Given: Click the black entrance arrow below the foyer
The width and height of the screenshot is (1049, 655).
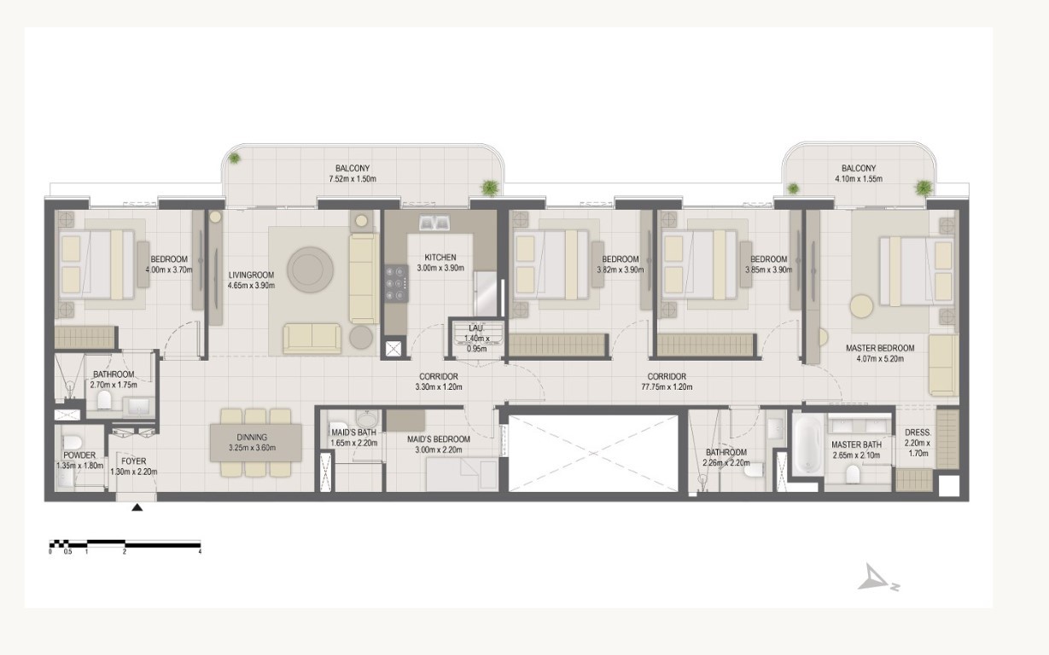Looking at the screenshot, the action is coord(137,507).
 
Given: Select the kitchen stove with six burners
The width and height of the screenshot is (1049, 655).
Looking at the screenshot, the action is coord(397,284).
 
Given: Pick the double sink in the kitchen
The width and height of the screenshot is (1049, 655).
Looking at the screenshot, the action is coord(434,223).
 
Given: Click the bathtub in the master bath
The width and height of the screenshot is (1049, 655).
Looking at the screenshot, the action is coord(808,445).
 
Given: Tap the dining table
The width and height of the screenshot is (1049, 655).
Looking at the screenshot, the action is coord(256,443).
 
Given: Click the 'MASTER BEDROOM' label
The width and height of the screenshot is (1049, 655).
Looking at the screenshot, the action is coord(880,348).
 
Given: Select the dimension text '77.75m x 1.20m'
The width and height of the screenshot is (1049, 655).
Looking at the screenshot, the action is coord(667,387).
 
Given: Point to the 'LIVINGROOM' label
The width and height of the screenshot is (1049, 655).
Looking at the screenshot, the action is coord(252,275).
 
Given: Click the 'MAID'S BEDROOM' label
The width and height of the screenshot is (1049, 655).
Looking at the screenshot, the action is coord(439,439).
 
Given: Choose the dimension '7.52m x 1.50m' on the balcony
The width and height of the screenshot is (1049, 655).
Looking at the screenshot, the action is coord(353,179).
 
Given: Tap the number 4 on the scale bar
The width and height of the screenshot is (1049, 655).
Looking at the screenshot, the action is coord(200,552).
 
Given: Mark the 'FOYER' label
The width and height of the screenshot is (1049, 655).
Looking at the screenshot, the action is coord(133,461).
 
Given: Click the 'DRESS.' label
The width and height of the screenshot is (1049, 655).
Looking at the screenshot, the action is coord(918,432).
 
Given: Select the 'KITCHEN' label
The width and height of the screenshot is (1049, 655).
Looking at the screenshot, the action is coord(440,258).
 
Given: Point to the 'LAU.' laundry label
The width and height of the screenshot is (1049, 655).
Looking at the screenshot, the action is coord(476,328).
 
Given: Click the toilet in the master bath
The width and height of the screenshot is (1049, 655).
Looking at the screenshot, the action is coord(854,474).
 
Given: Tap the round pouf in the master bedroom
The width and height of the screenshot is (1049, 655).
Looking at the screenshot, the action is coord(862,307).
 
